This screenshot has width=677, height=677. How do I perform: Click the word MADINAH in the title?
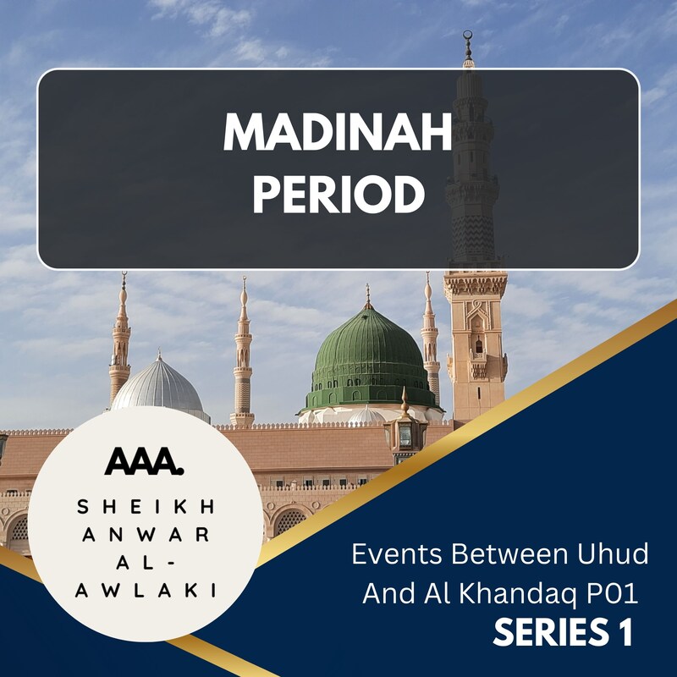pyautogui.click(x=338, y=133)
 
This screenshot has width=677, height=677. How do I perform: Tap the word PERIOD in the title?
pyautogui.click(x=338, y=195)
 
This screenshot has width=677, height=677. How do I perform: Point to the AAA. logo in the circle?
pyautogui.click(x=143, y=461)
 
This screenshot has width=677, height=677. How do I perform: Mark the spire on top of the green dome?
pyautogui.click(x=367, y=297)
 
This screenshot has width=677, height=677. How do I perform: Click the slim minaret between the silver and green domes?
pyautogui.click(x=243, y=355)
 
